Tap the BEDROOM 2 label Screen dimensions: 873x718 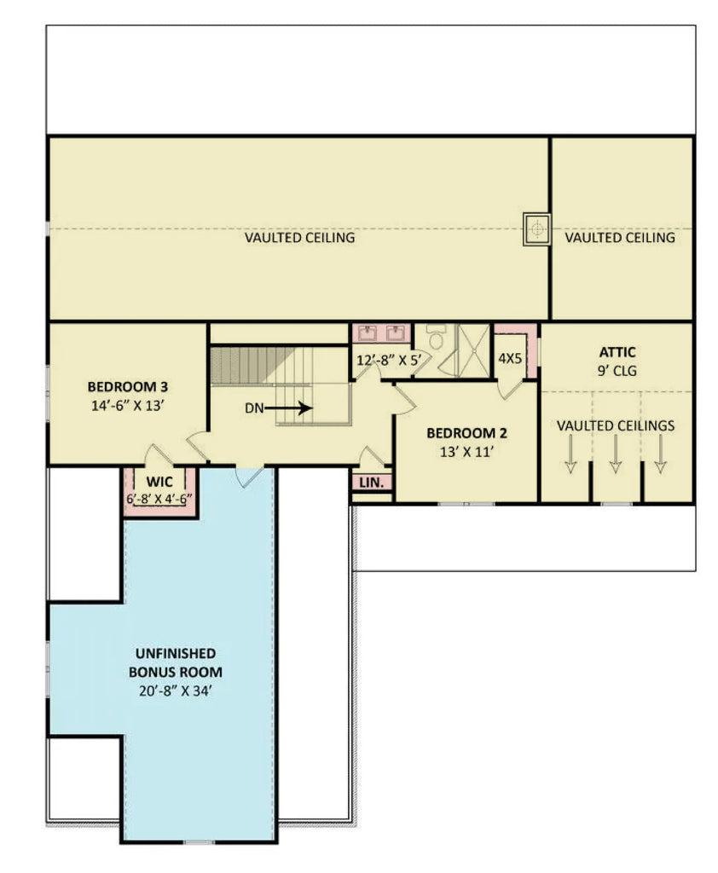[466, 432]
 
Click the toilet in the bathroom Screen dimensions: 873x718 [437, 338]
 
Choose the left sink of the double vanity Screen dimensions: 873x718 [368, 332]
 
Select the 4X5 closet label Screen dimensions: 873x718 [510, 359]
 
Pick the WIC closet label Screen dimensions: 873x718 [159, 482]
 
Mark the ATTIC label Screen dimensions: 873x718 [617, 351]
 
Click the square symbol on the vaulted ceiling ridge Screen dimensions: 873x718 [536, 229]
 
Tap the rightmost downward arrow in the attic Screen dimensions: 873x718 [660, 460]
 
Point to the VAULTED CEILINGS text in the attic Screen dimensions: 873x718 [615, 425]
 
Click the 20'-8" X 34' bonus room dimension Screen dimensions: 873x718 [175, 691]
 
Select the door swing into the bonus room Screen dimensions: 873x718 [251, 477]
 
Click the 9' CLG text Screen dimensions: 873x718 [617, 371]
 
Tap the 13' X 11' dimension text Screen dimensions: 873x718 [466, 452]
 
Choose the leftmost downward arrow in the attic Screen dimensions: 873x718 [570, 460]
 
